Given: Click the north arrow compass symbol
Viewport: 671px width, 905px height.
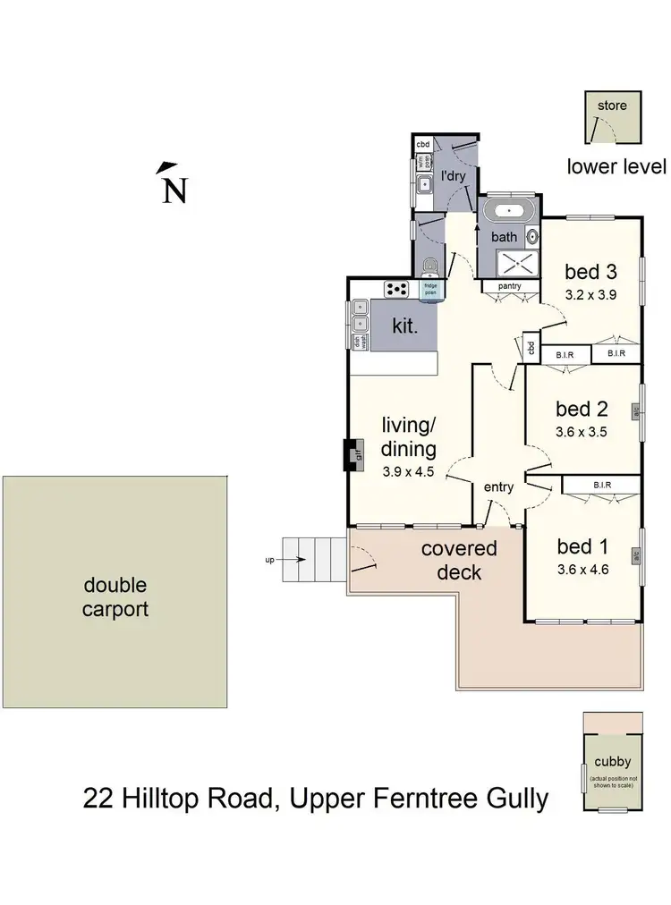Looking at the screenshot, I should pos(172,183).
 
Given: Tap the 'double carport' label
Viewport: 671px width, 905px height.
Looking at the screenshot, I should pos(115,597).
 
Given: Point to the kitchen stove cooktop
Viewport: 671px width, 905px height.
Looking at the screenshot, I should pos(395,288).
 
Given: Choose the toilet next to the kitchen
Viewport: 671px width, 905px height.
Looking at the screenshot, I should pos(431,266).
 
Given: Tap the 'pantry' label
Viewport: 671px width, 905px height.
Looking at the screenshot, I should pos(509,286).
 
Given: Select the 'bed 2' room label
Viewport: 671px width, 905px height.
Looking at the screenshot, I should pos(582,410).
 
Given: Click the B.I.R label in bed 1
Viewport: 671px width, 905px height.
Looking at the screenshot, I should pos(601,486).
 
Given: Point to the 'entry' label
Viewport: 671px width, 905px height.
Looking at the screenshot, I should pos(498,486).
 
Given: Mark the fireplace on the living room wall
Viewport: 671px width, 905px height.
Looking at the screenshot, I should pos(353,453).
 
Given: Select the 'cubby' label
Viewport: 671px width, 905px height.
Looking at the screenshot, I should pos(612,763).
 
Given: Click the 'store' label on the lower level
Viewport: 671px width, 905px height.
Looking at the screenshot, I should pos(612,106).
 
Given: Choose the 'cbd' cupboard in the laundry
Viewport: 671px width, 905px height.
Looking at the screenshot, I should pos(423,144).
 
